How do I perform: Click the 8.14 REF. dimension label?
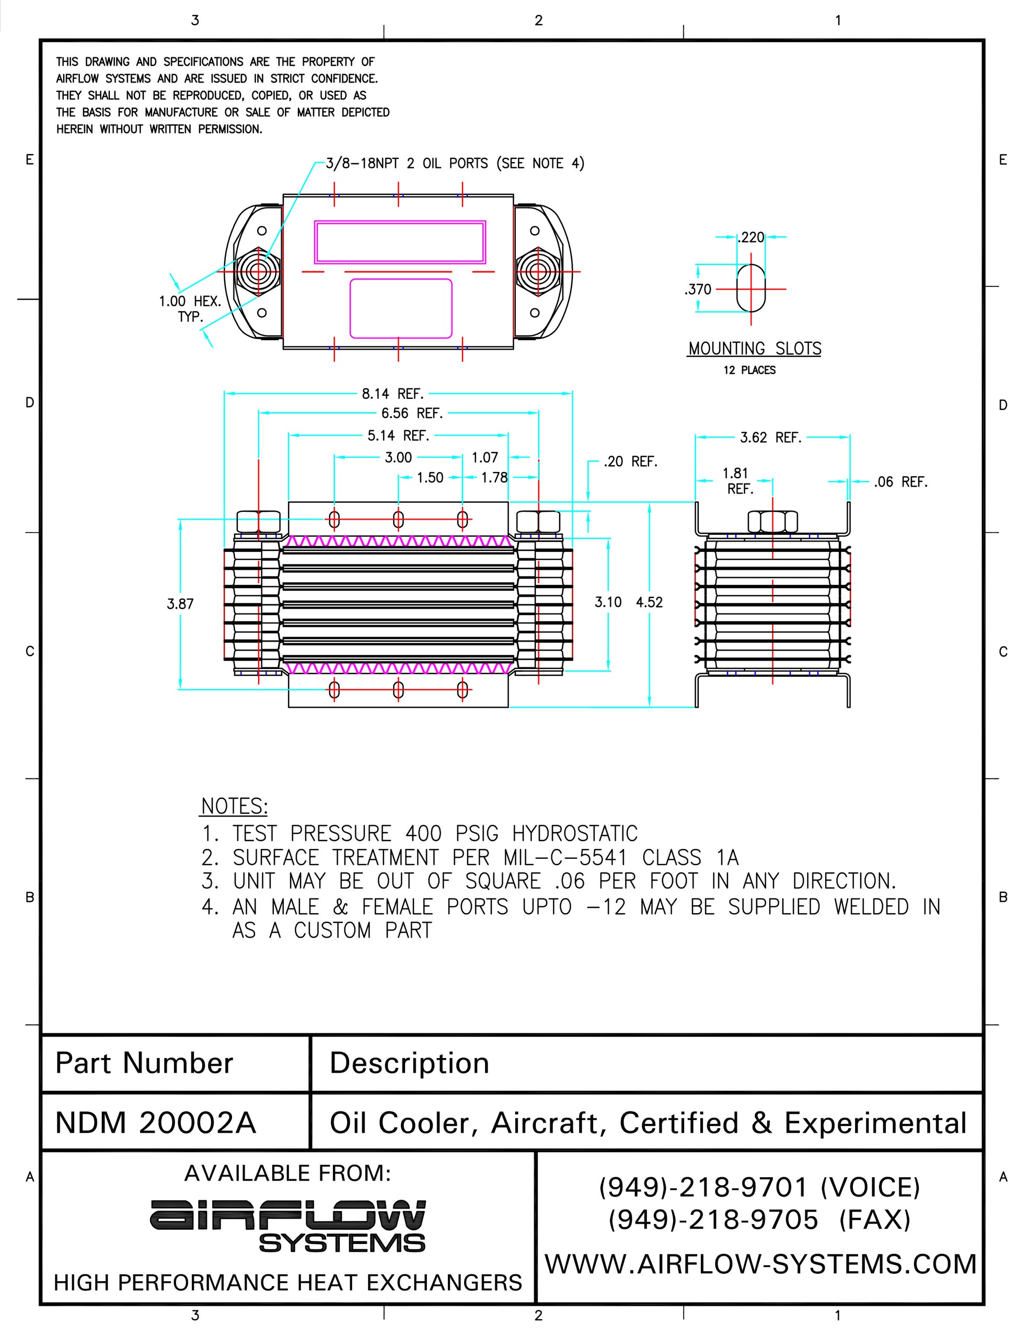tap(392, 394)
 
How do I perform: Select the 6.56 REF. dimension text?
tap(412, 413)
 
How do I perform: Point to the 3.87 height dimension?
tap(180, 604)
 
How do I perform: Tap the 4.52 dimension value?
tap(649, 602)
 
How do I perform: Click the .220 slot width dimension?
tap(752, 237)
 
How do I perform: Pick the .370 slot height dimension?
tap(698, 290)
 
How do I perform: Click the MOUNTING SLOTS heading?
tap(754, 349)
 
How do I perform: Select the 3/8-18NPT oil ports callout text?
tap(455, 164)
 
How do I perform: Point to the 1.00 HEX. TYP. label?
tap(190, 308)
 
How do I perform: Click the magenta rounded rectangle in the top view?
tap(401, 308)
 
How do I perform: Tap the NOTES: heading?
tap(234, 807)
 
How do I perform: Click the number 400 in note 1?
tap(424, 834)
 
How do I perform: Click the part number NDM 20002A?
tap(156, 1123)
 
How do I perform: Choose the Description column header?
tap(409, 1063)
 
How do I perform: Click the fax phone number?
tap(713, 1219)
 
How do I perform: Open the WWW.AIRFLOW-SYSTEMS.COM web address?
tap(760, 1264)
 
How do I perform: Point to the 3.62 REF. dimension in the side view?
tap(770, 437)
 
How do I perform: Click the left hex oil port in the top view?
tap(259, 272)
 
